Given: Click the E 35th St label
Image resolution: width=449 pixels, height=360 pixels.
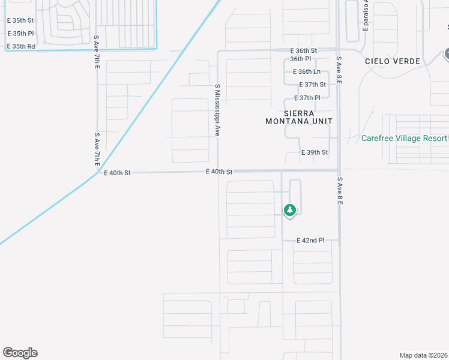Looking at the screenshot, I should point(20,20).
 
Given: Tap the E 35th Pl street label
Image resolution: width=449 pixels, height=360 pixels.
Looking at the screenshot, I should point(20,34).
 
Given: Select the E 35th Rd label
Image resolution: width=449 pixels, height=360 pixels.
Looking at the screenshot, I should point(20,46).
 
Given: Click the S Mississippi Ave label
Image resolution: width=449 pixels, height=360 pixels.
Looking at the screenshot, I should point(217,110).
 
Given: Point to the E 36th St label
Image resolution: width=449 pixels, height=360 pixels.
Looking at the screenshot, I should point(303,50).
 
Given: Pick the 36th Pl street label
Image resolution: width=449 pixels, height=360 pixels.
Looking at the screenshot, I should point(300,59).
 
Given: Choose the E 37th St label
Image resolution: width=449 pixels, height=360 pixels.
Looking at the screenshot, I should point(310,85).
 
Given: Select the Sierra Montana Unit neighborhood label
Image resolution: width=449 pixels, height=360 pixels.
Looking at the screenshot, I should point(299,117).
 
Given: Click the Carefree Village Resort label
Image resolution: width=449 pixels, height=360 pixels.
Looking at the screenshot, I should point(404,138).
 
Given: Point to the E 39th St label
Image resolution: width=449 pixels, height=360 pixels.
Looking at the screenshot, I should point(315,152).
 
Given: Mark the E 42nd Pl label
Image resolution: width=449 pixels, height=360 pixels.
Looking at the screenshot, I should point(310,240).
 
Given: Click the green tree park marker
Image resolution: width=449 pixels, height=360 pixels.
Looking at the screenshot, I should point(290,210).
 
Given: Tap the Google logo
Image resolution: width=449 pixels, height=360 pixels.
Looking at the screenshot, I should point(20,353).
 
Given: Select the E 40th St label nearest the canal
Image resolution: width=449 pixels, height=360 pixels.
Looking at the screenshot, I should point(117,173).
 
